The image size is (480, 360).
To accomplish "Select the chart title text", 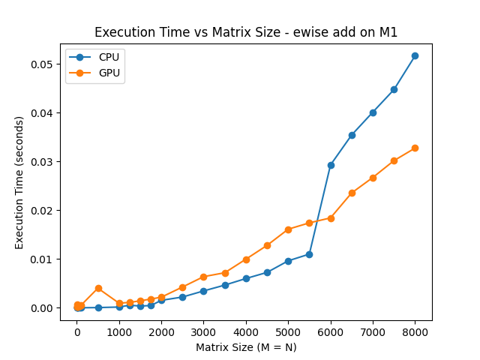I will click(x=246, y=32).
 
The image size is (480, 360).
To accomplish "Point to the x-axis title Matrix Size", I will click(x=246, y=347).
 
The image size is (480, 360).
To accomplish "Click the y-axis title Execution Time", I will click(x=20, y=182).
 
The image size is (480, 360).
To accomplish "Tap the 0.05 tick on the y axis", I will click(x=41, y=64).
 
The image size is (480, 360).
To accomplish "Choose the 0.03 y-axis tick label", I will click(x=41, y=162).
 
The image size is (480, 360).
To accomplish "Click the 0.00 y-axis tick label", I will click(x=41, y=308).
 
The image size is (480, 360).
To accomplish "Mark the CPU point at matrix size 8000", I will click(x=415, y=55).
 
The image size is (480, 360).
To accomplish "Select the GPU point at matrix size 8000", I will click(x=415, y=148).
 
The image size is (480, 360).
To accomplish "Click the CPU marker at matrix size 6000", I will click(x=331, y=165).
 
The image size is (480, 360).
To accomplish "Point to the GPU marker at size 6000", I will click(x=331, y=218).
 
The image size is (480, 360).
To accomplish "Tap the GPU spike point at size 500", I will click(x=98, y=288).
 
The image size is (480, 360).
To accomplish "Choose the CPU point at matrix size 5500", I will click(x=309, y=254).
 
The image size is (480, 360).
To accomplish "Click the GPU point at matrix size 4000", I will click(x=246, y=259).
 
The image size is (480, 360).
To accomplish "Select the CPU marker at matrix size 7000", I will click(x=373, y=112).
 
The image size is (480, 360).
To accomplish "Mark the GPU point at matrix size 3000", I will click(x=203, y=277).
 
